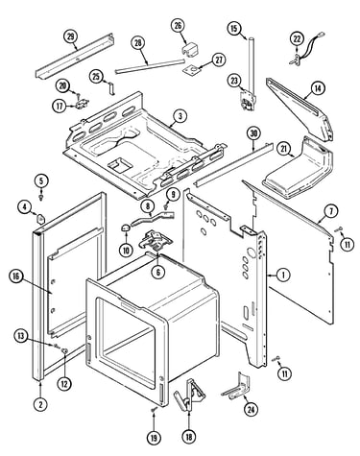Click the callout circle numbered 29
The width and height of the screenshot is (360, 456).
[71, 36]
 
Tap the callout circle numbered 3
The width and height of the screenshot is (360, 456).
[180, 116]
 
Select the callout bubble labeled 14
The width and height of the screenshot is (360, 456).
[318, 88]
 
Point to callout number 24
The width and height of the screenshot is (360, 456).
[251, 409]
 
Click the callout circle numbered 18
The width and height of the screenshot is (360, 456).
[189, 437]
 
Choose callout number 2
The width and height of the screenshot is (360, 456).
[40, 404]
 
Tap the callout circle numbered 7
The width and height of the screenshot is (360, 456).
[331, 211]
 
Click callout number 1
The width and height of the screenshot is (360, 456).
[283, 275]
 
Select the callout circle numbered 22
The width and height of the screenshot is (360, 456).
[298, 39]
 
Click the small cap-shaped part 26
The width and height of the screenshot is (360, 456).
[190, 51]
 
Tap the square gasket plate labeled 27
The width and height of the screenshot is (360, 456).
[191, 70]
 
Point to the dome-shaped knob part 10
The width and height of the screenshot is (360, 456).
[126, 228]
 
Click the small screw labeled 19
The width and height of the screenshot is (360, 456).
[155, 409]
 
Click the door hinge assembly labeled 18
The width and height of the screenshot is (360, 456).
[189, 394]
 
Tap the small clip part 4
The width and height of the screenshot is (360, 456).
[41, 219]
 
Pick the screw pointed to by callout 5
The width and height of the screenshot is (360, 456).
[41, 197]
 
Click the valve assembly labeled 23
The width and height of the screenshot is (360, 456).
[247, 100]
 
